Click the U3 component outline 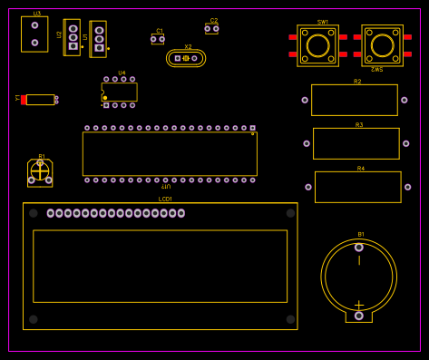[x=34, y=34]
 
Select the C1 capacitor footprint [x=158, y=39]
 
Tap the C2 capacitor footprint [x=211, y=29]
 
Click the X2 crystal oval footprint [x=186, y=58]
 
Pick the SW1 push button [x=317, y=45]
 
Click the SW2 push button [x=383, y=45]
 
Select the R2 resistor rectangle [x=354, y=100]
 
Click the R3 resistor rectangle [x=356, y=143]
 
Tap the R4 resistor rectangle [x=357, y=187]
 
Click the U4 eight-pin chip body [x=120, y=92]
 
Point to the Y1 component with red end [x=39, y=100]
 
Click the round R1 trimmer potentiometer [x=40, y=171]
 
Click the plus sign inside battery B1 [x=358, y=306]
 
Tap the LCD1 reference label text [x=165, y=199]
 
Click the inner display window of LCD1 [x=160, y=266]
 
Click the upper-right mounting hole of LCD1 [x=290, y=213]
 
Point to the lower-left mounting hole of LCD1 [x=34, y=319]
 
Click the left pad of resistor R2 [x=305, y=100]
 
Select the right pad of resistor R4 [x=407, y=187]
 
